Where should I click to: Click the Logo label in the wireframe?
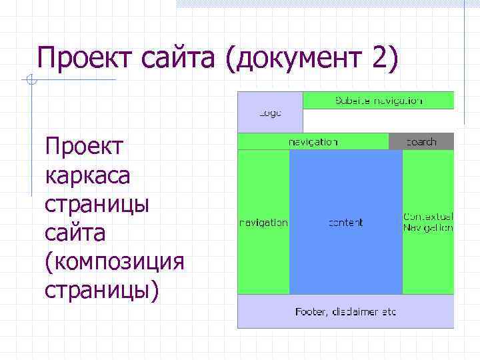(x=270, y=113)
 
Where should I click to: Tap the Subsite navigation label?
(x=378, y=101)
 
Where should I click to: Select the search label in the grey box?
(x=421, y=141)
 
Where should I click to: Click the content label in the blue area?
(x=345, y=223)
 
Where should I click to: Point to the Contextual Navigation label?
(x=428, y=222)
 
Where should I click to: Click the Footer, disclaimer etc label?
(x=345, y=311)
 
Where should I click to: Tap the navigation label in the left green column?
(x=263, y=223)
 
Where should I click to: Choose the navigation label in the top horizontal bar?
(x=313, y=141)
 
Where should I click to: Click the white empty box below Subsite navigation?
(x=378, y=121)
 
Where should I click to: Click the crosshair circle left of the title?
(x=31, y=81)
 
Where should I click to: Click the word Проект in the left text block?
(x=84, y=146)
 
